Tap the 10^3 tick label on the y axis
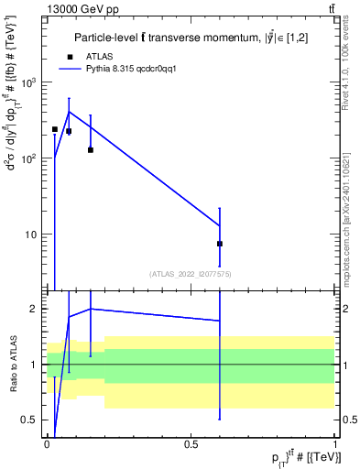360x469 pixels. tap(29, 82)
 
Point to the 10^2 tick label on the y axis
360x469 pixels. tap(29, 158)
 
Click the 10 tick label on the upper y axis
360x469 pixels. tap(32, 234)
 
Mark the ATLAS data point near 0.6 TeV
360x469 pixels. tap(220, 244)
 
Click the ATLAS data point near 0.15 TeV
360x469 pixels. tap(90, 149)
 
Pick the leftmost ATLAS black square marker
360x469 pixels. tap(55, 129)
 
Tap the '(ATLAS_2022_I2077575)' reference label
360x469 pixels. tap(190, 274)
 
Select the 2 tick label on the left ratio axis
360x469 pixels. tap(36, 309)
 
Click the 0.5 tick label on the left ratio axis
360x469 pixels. tap(32, 420)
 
